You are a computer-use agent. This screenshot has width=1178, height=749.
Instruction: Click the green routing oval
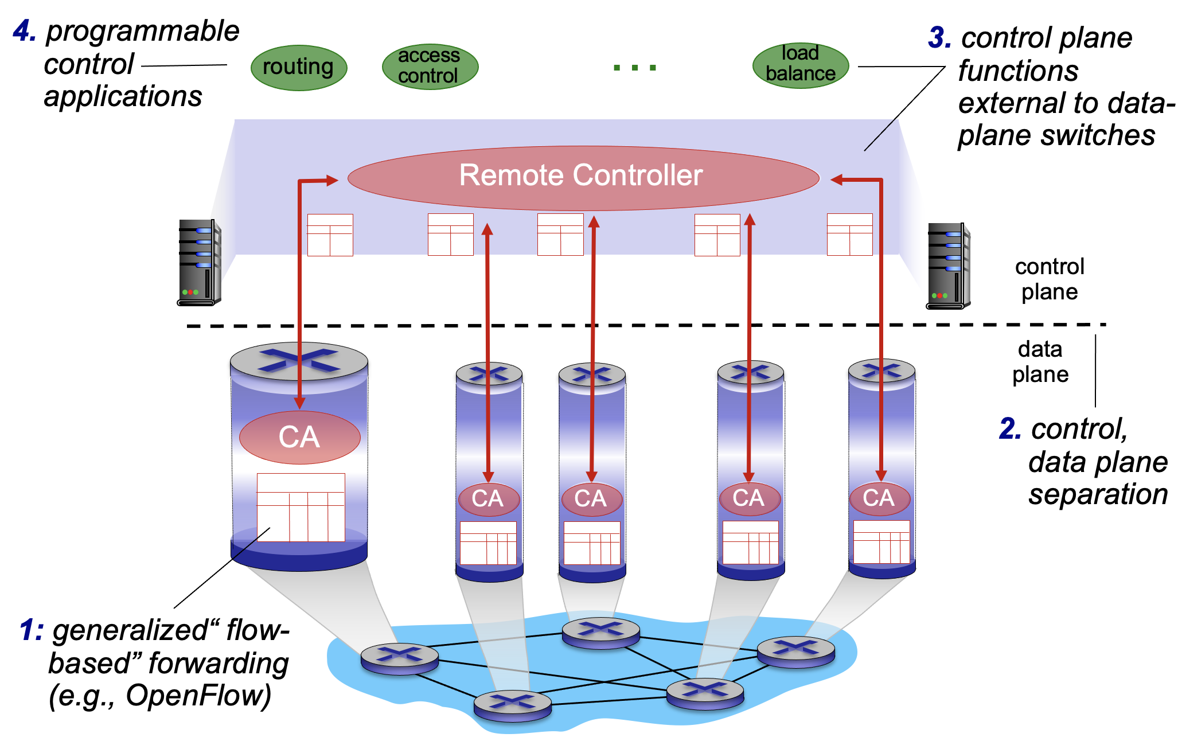point(299,68)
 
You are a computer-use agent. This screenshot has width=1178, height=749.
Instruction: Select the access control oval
point(430,67)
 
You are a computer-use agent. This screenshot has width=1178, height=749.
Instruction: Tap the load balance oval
point(800,65)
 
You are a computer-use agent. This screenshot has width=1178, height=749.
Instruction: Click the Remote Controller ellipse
point(583,177)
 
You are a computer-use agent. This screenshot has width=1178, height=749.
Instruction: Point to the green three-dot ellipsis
point(634,68)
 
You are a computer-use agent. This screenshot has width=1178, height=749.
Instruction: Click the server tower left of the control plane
point(198,262)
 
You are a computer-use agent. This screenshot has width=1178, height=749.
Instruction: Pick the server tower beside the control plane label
point(948,266)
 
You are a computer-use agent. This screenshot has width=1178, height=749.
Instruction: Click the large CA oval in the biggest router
point(299,437)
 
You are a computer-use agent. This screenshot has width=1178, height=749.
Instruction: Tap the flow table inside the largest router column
point(301,507)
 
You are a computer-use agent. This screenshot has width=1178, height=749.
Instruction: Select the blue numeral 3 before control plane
point(939,38)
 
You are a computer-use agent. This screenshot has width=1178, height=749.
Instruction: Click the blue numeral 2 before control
point(1010,429)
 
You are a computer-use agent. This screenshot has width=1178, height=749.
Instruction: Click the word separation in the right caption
point(1098,494)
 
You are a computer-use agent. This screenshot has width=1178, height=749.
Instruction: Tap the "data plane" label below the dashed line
point(1040,361)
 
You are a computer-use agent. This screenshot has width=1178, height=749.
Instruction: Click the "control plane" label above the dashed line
point(1050,279)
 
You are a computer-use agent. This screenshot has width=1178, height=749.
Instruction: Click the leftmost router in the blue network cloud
point(400,658)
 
